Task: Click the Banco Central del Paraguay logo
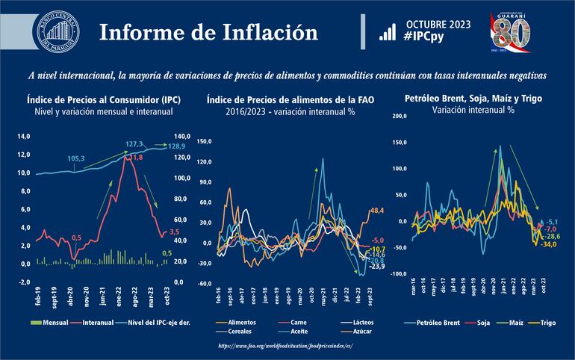[56, 32]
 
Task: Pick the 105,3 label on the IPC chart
[77, 158]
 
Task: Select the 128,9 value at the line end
[177, 147]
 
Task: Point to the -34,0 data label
[549, 244]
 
